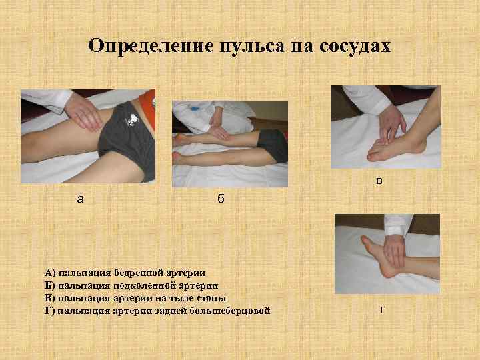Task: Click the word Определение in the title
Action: click(x=148, y=46)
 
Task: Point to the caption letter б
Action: click(x=221, y=199)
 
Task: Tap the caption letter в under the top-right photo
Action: click(x=379, y=180)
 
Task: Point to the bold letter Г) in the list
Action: click(x=50, y=310)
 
